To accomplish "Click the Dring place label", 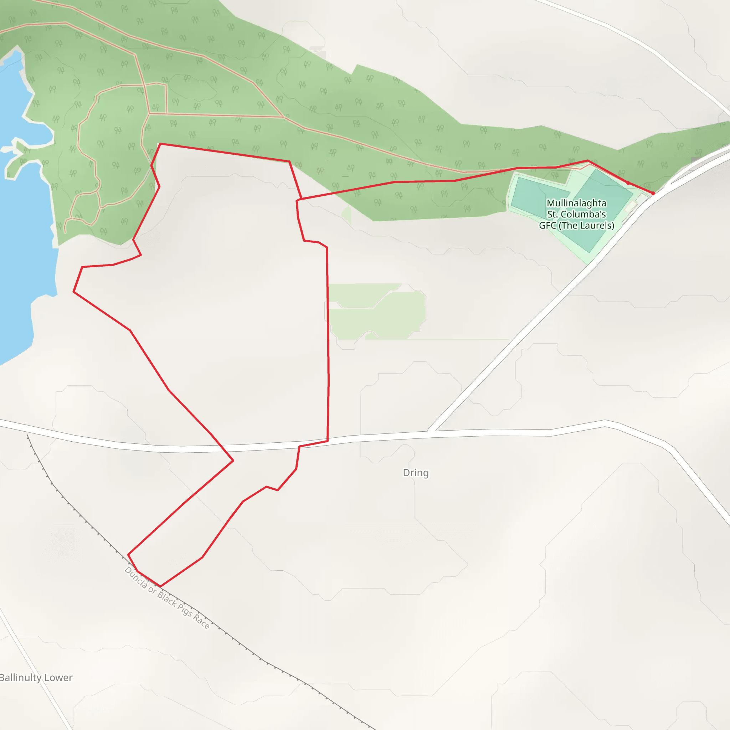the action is coord(416,473).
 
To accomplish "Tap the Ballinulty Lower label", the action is coord(36,678).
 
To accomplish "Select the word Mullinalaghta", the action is coord(576,203).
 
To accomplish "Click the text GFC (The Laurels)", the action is coord(576,226).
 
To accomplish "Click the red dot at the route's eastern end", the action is coord(653,193).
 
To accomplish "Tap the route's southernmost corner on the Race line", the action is coord(160,586).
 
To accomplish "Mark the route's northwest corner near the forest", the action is coord(160,144).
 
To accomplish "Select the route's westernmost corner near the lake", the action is coord(74,292).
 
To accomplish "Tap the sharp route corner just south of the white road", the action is coord(233,461).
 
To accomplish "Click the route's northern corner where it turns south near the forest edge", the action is coord(289,162).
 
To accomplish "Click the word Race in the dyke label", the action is coord(201,621).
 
